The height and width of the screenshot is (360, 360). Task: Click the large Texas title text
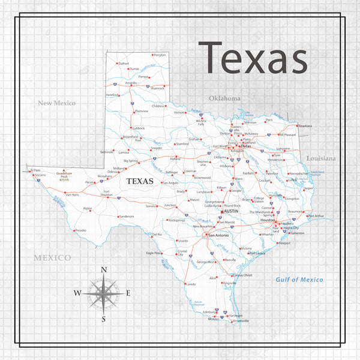[253, 59]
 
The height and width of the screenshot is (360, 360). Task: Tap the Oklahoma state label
[224, 98]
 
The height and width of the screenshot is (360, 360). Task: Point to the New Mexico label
[57, 103]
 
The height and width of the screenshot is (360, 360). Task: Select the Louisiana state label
[320, 158]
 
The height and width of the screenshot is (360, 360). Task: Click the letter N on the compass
[103, 270]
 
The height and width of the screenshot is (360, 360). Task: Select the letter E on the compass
[128, 293]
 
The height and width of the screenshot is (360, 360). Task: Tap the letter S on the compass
[103, 319]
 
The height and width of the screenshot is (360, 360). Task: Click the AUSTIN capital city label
[232, 212]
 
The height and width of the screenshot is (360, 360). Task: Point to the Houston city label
[267, 220]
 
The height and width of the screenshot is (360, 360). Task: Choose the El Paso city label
[35, 170]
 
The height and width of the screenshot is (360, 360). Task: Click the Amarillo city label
[131, 83]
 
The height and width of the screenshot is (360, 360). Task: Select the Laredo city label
[191, 284]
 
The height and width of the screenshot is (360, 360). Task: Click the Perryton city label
[160, 55]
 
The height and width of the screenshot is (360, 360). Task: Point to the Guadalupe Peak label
[64, 176]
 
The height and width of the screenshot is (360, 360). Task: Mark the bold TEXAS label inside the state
[139, 181]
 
